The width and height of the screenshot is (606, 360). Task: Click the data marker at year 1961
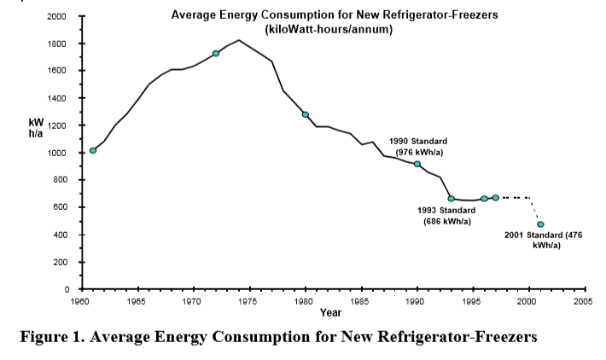(93, 150)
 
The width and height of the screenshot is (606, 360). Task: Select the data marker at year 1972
(216, 53)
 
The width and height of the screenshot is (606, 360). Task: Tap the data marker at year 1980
(305, 114)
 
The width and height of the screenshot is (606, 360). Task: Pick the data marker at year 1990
(417, 164)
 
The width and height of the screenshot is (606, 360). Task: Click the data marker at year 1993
(451, 199)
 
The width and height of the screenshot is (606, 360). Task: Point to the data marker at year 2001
(540, 224)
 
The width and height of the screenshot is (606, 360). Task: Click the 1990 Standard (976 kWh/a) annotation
(417, 146)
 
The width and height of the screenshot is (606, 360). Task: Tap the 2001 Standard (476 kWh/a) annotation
(546, 240)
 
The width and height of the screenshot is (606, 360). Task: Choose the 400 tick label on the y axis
(61, 235)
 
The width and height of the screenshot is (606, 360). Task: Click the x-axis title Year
(332, 312)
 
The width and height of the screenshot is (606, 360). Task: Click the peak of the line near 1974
(238, 40)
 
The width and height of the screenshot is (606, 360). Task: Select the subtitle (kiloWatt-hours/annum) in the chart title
(329, 29)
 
